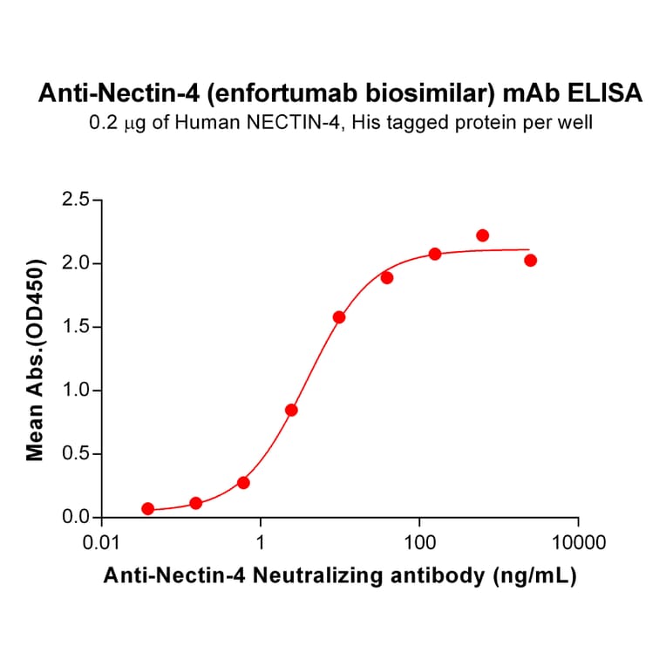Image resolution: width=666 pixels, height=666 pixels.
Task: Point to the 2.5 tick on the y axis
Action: (x=76, y=200)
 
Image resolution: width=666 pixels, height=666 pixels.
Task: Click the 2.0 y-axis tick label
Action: (x=76, y=263)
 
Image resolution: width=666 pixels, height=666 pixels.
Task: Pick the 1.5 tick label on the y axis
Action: (x=76, y=327)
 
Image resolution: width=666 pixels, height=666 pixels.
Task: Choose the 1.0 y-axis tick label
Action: (x=76, y=391)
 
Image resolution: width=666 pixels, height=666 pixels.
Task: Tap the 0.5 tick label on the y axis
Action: (x=76, y=454)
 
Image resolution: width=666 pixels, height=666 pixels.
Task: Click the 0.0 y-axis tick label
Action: (x=76, y=518)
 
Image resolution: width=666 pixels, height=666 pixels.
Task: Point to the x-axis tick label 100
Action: (x=420, y=545)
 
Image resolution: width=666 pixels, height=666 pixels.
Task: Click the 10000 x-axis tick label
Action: (x=579, y=545)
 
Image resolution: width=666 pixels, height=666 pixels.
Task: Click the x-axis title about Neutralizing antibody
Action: (x=340, y=576)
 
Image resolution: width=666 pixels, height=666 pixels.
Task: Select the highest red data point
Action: (x=483, y=235)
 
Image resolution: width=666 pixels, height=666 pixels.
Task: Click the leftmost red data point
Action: (x=148, y=508)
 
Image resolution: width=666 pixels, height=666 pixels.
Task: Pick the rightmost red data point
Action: (x=531, y=260)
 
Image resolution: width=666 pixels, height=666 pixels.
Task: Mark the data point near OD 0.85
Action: (x=292, y=410)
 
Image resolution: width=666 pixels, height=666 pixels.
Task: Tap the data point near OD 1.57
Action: (x=339, y=317)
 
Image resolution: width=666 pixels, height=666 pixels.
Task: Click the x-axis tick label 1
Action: (x=261, y=545)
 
